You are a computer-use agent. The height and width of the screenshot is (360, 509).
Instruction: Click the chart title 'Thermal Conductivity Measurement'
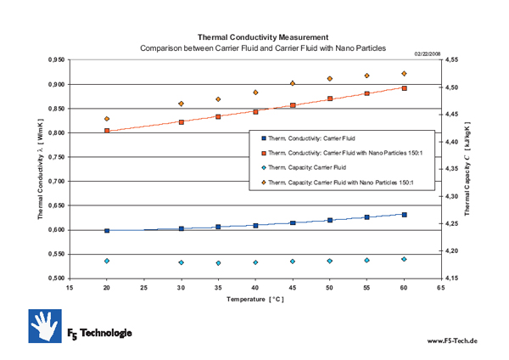(x=262, y=37)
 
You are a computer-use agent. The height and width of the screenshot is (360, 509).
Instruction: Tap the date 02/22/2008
(x=429, y=53)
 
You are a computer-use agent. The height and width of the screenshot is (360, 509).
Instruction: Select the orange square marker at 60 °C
(x=404, y=88)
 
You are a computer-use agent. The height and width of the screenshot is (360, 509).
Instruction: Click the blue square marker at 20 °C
(x=107, y=230)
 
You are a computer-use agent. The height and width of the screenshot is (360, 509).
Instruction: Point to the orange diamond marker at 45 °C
(x=293, y=83)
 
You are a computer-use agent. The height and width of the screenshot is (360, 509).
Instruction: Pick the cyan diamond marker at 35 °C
(x=218, y=263)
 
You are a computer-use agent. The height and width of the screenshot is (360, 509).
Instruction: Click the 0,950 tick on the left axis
(x=54, y=60)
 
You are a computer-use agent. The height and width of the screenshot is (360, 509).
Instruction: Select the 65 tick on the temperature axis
(x=440, y=288)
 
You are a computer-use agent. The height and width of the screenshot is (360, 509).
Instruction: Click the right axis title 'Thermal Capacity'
(x=467, y=170)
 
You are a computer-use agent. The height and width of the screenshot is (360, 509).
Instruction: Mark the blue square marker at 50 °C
(x=329, y=221)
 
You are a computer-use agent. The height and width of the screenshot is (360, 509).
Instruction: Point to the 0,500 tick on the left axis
(x=54, y=278)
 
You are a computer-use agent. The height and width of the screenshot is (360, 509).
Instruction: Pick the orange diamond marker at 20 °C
(x=107, y=119)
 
